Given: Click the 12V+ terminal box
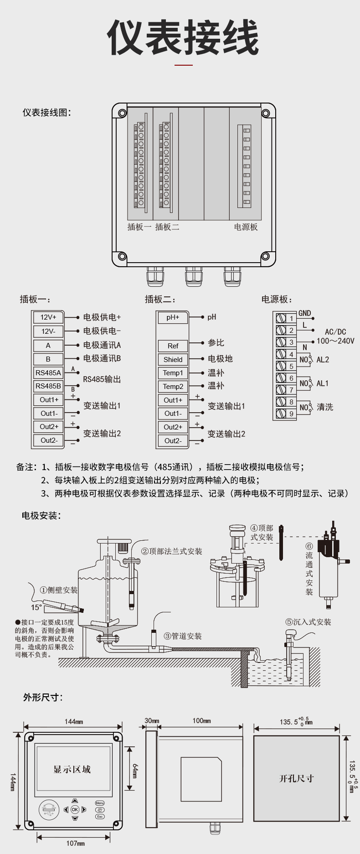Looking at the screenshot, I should (48, 317).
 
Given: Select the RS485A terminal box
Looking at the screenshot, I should (48, 373).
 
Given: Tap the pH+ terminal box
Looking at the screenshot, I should (173, 317).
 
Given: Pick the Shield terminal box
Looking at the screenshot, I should (173, 359).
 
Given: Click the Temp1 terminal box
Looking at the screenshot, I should (173, 373).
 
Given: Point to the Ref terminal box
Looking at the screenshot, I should (173, 346).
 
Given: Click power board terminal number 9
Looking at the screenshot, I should (291, 414).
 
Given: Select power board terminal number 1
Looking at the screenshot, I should (291, 318).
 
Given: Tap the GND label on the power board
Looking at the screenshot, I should (304, 313).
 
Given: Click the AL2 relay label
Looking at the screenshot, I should (323, 360).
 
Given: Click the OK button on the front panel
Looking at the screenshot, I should (75, 810).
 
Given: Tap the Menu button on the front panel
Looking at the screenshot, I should (100, 803).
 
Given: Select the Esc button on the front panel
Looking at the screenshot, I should (100, 816).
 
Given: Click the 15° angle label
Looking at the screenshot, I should (36, 607).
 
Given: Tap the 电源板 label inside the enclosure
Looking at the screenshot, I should (246, 227).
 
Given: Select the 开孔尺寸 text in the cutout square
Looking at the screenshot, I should (296, 778).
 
